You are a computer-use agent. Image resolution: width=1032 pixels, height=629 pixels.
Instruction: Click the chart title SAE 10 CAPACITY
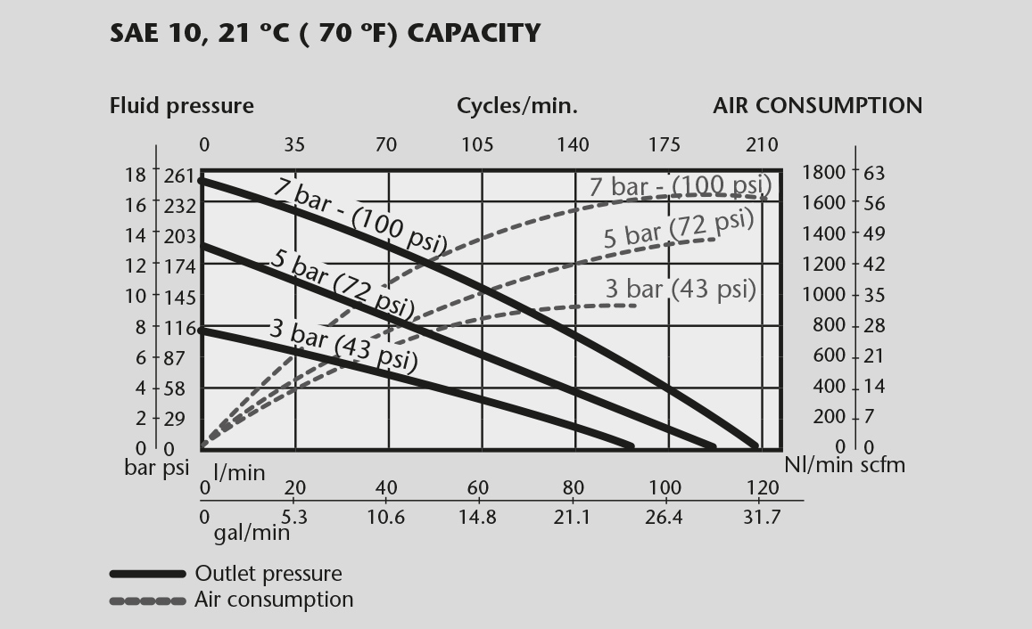pyautogui.click(x=325, y=34)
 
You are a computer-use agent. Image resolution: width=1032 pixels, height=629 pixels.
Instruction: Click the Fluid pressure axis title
pyautogui.click(x=181, y=106)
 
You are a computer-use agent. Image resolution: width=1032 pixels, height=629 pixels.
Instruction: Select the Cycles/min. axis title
pyautogui.click(x=517, y=106)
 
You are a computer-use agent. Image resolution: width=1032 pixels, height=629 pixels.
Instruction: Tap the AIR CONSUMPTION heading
pyautogui.click(x=817, y=106)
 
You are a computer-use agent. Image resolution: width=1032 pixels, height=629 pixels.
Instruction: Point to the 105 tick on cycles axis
pyautogui.click(x=477, y=144)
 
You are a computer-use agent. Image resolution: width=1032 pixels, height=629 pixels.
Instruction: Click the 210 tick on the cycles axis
pyautogui.click(x=762, y=144)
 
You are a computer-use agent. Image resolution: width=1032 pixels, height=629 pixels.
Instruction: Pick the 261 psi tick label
pyautogui.click(x=181, y=176)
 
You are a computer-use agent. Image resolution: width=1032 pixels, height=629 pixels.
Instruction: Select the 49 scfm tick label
pyautogui.click(x=874, y=233)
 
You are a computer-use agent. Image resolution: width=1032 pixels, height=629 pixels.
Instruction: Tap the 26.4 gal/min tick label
pyautogui.click(x=664, y=517)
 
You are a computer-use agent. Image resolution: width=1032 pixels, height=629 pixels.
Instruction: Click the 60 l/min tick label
pyautogui.click(x=478, y=487)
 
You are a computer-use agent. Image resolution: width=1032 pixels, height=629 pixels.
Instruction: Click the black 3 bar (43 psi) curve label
pyautogui.click(x=343, y=342)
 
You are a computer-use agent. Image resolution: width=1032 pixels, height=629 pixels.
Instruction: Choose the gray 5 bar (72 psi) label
pyautogui.click(x=679, y=228)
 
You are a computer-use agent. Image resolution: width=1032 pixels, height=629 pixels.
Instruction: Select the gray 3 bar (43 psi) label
pyautogui.click(x=681, y=289)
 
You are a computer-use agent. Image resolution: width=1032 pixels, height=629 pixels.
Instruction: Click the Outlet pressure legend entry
pyautogui.click(x=268, y=574)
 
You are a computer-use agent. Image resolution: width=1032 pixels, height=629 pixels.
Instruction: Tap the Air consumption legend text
pyautogui.click(x=274, y=600)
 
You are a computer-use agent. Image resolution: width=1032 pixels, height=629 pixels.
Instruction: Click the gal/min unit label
pyautogui.click(x=252, y=533)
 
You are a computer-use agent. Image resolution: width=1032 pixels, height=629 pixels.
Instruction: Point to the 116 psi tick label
pyautogui.click(x=181, y=329)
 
